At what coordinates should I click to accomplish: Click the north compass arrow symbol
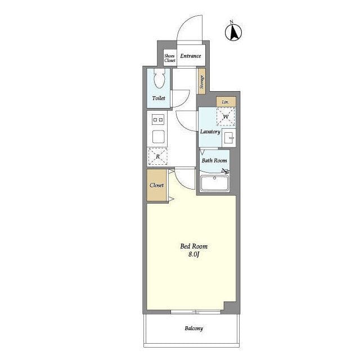pos(233,32)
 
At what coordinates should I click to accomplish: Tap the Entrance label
pos(191,56)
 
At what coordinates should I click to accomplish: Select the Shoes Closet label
pos(170,58)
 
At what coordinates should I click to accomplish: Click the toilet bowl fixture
pos(159,78)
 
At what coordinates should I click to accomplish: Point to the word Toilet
pos(159,98)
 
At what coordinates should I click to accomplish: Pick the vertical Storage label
pos(202,82)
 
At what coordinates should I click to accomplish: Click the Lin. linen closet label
pos(226,102)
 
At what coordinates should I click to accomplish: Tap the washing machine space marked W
pos(226,117)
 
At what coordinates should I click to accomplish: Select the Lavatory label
pos(210,132)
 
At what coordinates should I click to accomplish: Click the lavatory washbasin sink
pos(229,138)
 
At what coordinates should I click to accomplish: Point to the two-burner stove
pos(158,120)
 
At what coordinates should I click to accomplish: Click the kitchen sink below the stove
pos(158,137)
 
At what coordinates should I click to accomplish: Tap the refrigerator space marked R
pos(157,156)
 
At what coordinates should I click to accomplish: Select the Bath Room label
pos(214,160)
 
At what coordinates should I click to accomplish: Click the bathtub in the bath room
pos(214,183)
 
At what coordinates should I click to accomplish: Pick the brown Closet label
pos(157,185)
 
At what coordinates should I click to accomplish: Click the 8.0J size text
pos(193,254)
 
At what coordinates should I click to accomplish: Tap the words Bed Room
pos(193,246)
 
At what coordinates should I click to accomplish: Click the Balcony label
pos(193,328)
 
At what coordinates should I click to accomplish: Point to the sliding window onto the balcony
pos(196,312)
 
